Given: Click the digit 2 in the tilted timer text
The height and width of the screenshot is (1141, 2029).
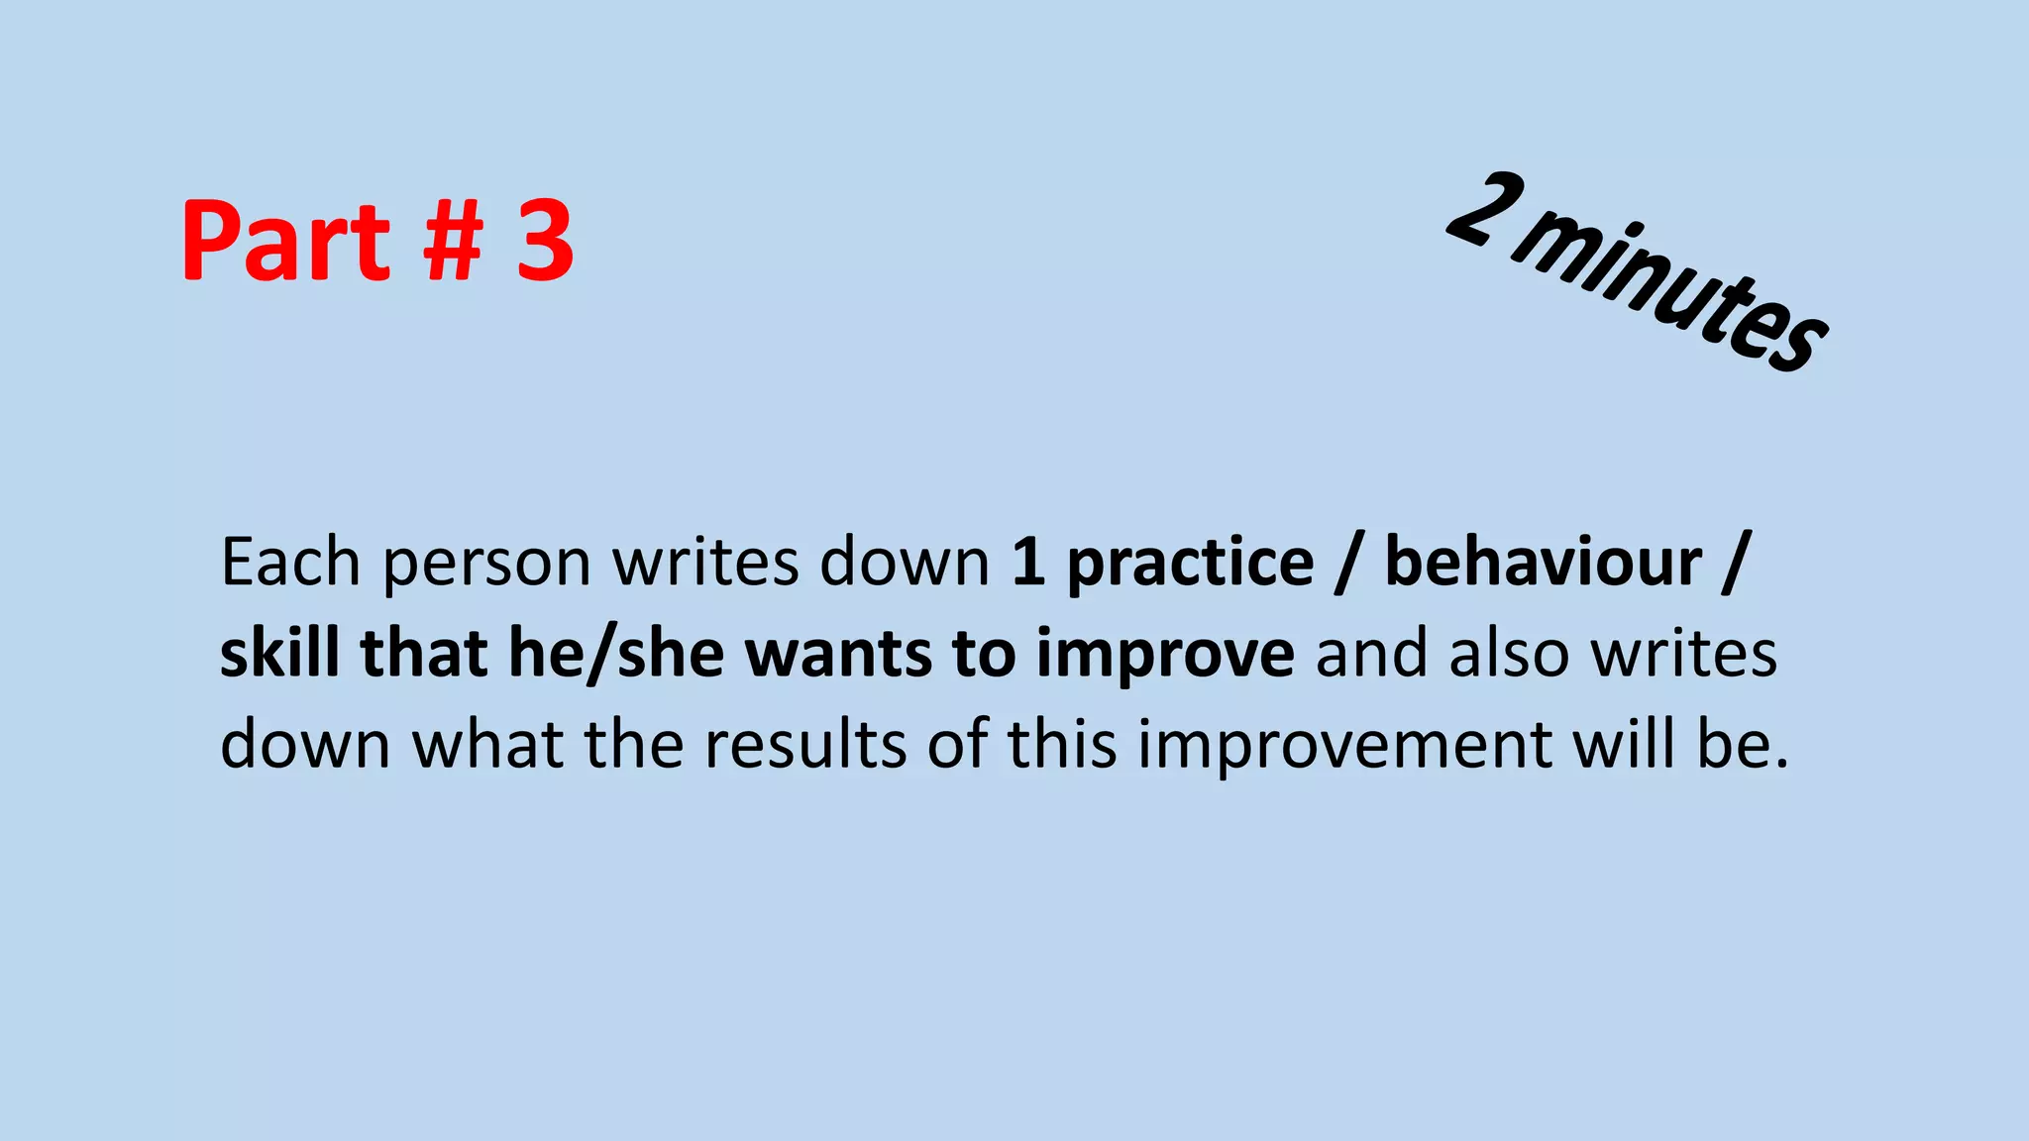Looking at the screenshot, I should click(1484, 211).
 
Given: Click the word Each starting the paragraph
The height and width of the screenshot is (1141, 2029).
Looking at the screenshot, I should click(290, 563).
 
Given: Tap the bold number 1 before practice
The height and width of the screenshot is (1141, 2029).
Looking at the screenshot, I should click(1028, 563).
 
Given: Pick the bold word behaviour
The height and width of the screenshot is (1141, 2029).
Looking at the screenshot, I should click(1543, 563).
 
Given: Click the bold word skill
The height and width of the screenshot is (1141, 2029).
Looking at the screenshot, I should click(279, 654).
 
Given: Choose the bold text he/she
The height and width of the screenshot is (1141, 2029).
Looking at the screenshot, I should click(615, 654).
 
